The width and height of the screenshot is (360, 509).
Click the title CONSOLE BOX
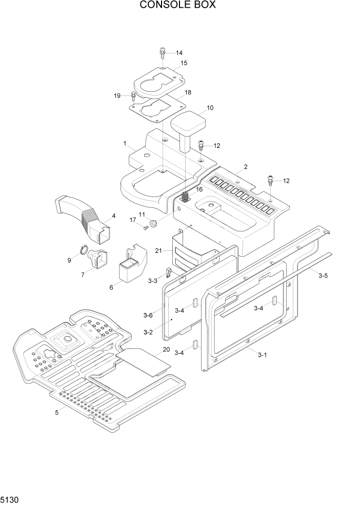178,6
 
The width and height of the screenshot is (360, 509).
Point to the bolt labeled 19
133,95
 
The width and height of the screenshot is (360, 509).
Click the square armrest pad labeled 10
188,124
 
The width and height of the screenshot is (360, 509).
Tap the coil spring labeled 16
186,195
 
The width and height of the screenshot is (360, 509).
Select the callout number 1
125,143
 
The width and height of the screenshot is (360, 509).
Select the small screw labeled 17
145,228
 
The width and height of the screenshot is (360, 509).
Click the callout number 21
158,250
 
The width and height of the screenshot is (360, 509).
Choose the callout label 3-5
323,276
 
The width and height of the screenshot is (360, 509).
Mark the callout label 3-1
262,355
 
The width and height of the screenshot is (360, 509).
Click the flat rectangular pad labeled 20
144,361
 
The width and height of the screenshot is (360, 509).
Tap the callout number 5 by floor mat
57,412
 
